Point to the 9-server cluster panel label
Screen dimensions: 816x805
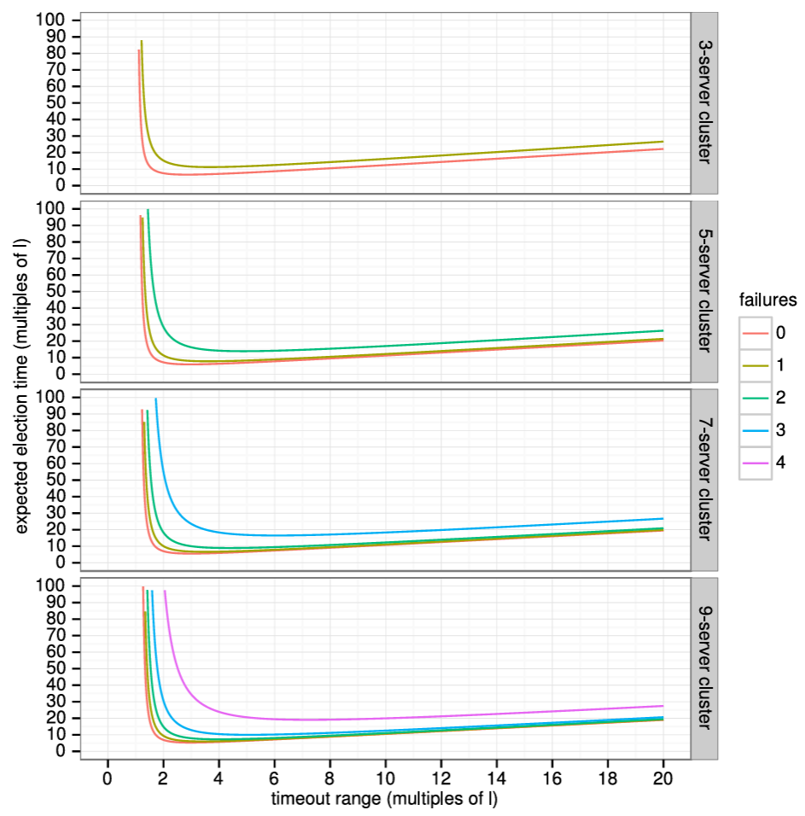(x=704, y=667)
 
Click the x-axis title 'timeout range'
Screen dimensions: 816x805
(x=384, y=800)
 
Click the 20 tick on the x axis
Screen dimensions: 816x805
(x=663, y=778)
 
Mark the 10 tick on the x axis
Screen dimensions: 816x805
(x=385, y=778)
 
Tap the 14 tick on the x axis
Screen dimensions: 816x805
(x=497, y=778)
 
